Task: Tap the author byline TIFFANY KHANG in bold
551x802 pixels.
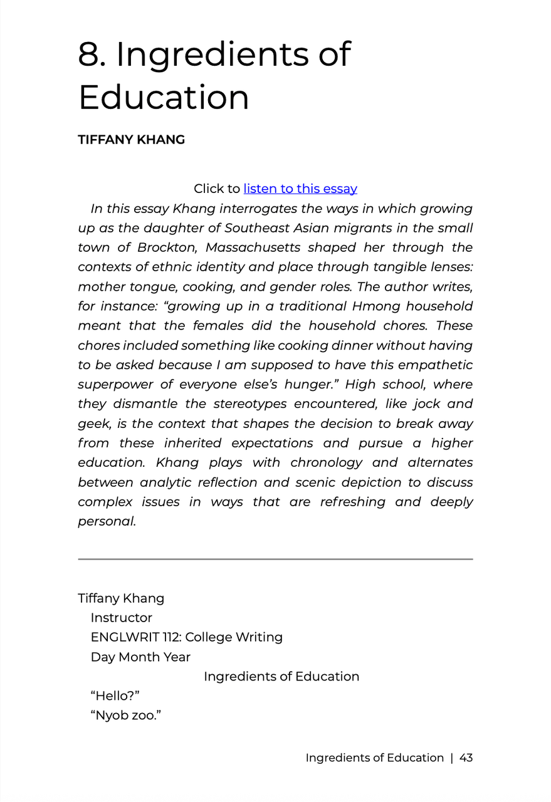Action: click(x=131, y=140)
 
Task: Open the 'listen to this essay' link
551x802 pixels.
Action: click(x=300, y=189)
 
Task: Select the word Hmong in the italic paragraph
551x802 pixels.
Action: click(x=375, y=306)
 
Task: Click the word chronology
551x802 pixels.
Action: click(x=327, y=463)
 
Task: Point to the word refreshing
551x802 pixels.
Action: click(x=353, y=502)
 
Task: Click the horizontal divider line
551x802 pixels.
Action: click(x=275, y=559)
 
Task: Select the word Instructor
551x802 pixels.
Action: click(x=122, y=618)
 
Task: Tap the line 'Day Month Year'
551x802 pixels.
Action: click(x=140, y=657)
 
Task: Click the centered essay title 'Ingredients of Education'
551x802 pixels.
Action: click(x=281, y=677)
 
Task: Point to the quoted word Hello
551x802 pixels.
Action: click(x=115, y=696)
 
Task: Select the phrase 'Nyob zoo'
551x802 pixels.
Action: click(x=125, y=716)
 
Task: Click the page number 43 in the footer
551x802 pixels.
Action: click(x=466, y=758)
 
